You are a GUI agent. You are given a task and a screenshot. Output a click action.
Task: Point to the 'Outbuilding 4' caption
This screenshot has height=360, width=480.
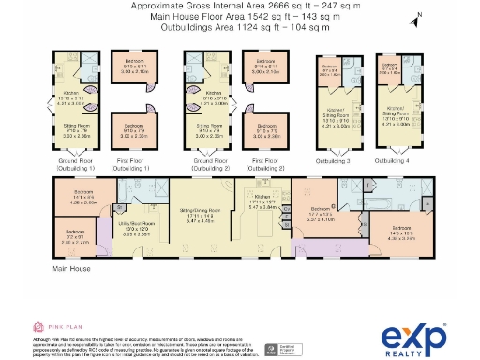(391, 161)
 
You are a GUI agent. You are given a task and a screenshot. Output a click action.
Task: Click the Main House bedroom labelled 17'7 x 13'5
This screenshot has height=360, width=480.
(322, 214)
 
